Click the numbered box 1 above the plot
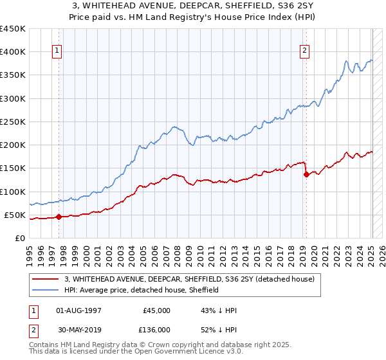pos(57,51)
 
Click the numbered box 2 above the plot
pos(304,51)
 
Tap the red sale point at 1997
pos(59,217)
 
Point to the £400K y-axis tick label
pos(12,52)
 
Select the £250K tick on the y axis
pos(12,122)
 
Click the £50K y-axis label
pos(15,215)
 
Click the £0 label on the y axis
pos(20,238)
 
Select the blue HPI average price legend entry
pos(142,290)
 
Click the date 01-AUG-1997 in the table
pos(79,310)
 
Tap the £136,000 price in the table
pos(156,330)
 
